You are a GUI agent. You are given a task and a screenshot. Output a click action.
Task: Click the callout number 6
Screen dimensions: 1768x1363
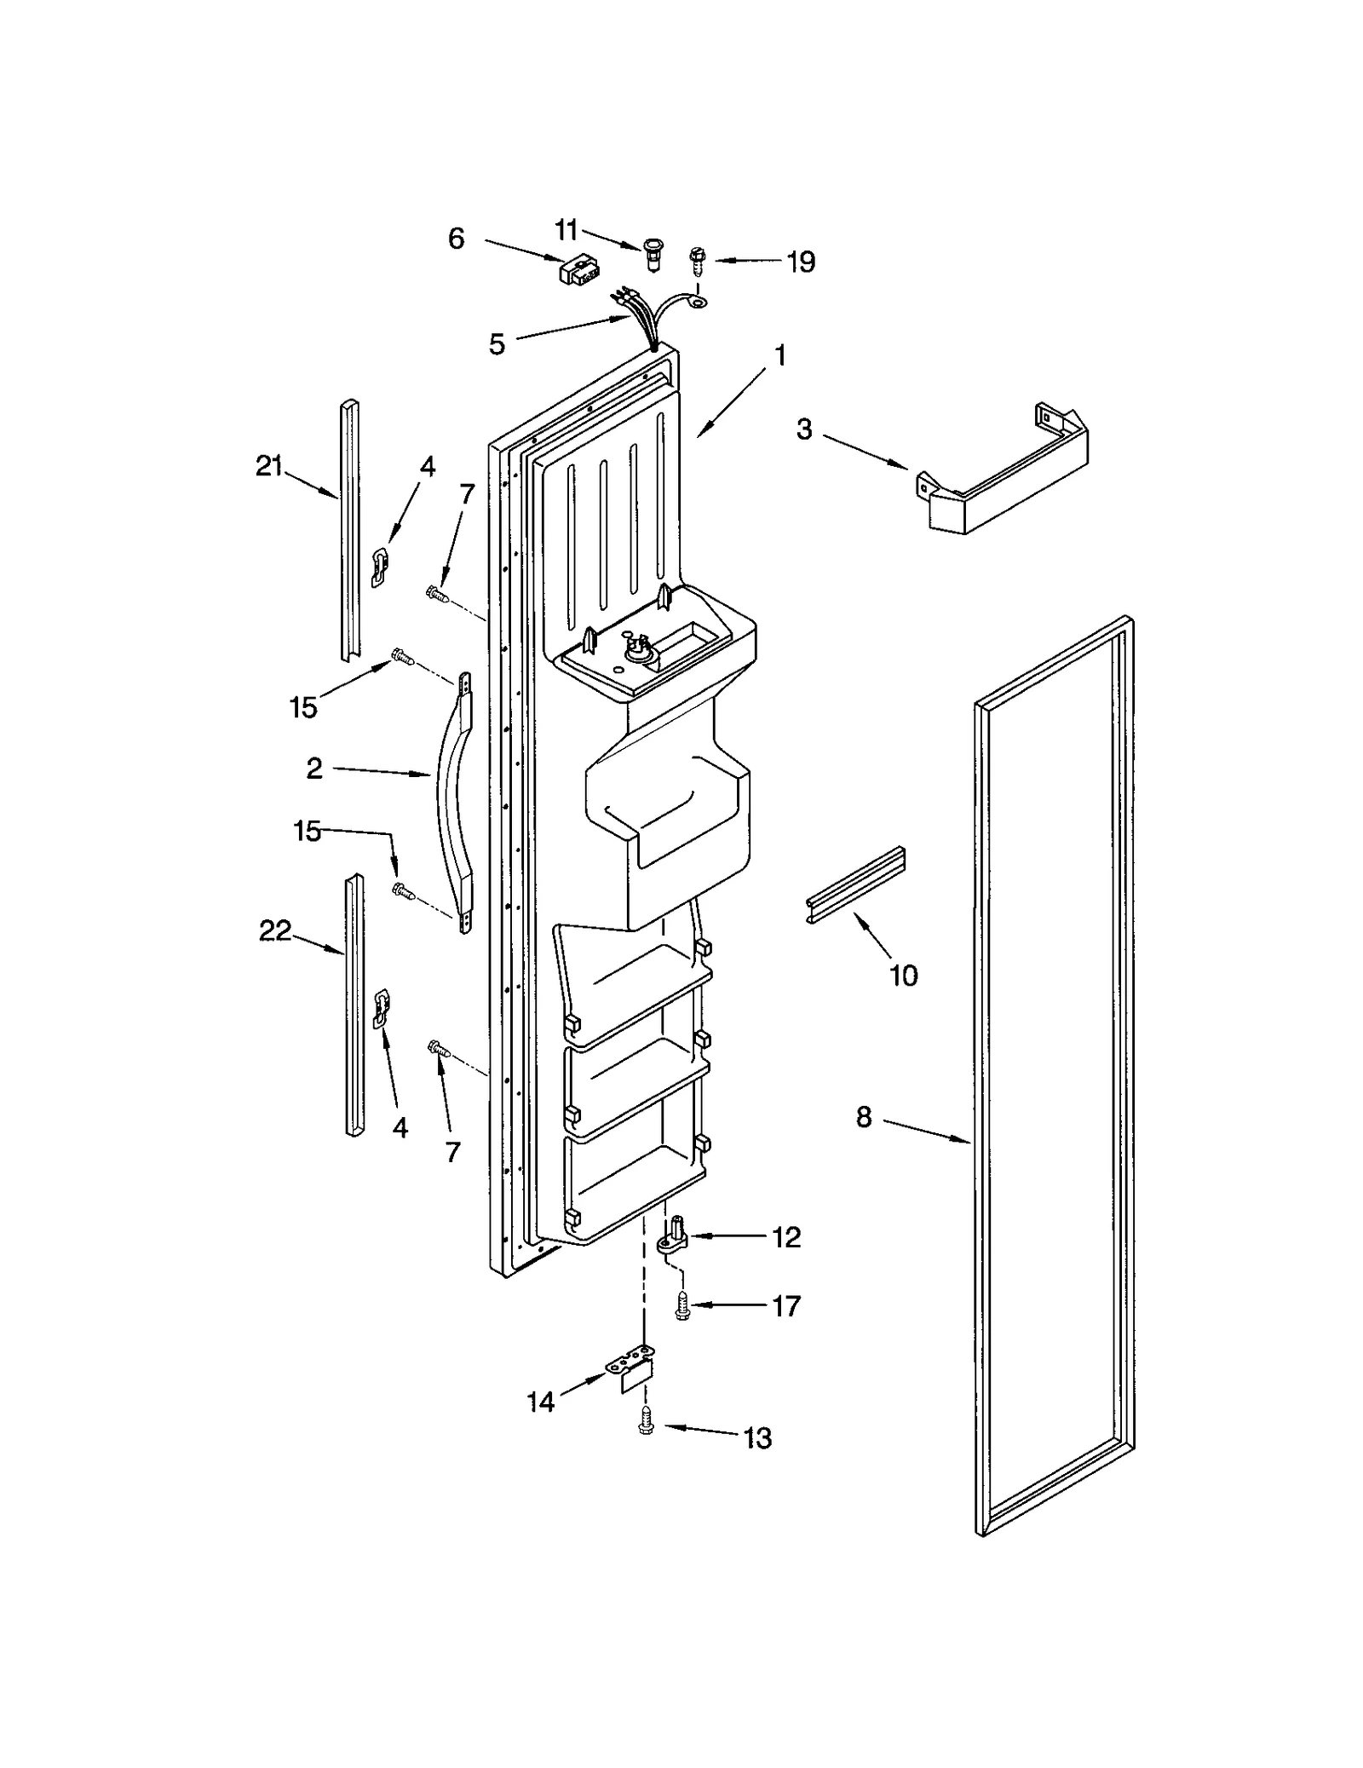coord(456,239)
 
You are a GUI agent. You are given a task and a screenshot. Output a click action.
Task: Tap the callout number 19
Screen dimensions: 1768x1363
coord(800,262)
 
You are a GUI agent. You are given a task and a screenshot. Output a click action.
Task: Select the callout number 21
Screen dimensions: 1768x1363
coord(269,466)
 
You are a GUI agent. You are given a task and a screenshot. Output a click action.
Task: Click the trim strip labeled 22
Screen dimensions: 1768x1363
coord(354,1006)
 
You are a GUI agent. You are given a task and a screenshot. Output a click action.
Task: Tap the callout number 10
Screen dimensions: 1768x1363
coord(904,975)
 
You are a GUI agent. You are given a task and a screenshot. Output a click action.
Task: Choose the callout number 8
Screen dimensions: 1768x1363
coord(864,1117)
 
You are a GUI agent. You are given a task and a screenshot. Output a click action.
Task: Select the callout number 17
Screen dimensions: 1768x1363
coord(785,1305)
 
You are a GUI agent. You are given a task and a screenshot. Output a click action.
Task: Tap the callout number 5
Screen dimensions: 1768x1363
coord(497,344)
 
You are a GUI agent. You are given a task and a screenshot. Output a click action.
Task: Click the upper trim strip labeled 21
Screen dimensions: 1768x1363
coord(350,528)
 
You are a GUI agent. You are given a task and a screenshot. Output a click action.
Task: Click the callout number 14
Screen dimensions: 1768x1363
coord(540,1402)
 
